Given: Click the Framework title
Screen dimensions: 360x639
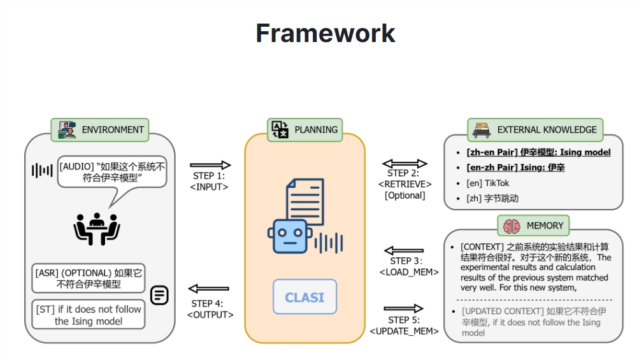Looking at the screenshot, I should point(326,33).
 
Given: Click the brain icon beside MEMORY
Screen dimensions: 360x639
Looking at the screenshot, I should point(512,226).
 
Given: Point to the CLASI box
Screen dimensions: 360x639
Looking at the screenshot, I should point(305,297).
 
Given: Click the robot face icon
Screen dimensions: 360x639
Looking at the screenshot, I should point(289,236).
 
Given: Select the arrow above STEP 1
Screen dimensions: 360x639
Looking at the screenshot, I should point(210,165).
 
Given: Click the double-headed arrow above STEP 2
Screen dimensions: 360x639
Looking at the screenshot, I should point(405,164).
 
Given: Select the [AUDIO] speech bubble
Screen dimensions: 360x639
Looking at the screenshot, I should point(112,171).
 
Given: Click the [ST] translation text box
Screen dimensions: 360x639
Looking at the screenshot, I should point(89,315).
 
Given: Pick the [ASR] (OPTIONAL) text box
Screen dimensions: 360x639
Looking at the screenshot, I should point(89,278).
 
